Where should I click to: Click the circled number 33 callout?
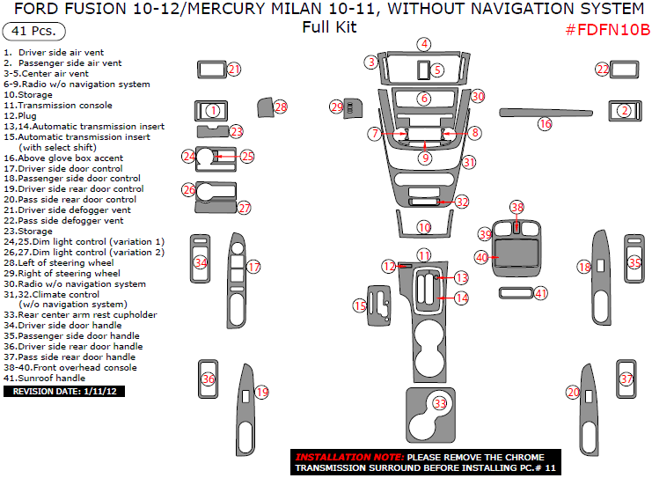tap(439, 403)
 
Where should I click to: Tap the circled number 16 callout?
tap(546, 124)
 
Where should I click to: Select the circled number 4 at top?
tap(425, 44)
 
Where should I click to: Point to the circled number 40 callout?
tap(481, 257)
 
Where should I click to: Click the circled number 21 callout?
tap(233, 69)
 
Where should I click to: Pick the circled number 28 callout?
tap(281, 107)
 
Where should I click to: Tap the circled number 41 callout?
tap(541, 293)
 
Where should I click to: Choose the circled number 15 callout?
tap(359, 305)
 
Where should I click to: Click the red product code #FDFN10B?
tap(606, 30)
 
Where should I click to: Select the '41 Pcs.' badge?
tap(34, 32)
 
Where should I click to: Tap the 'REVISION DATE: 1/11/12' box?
tap(63, 391)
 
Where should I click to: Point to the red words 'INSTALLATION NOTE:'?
tap(349, 458)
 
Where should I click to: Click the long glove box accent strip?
tap(519, 113)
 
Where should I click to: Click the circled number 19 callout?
tap(261, 392)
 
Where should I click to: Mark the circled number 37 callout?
tap(626, 379)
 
